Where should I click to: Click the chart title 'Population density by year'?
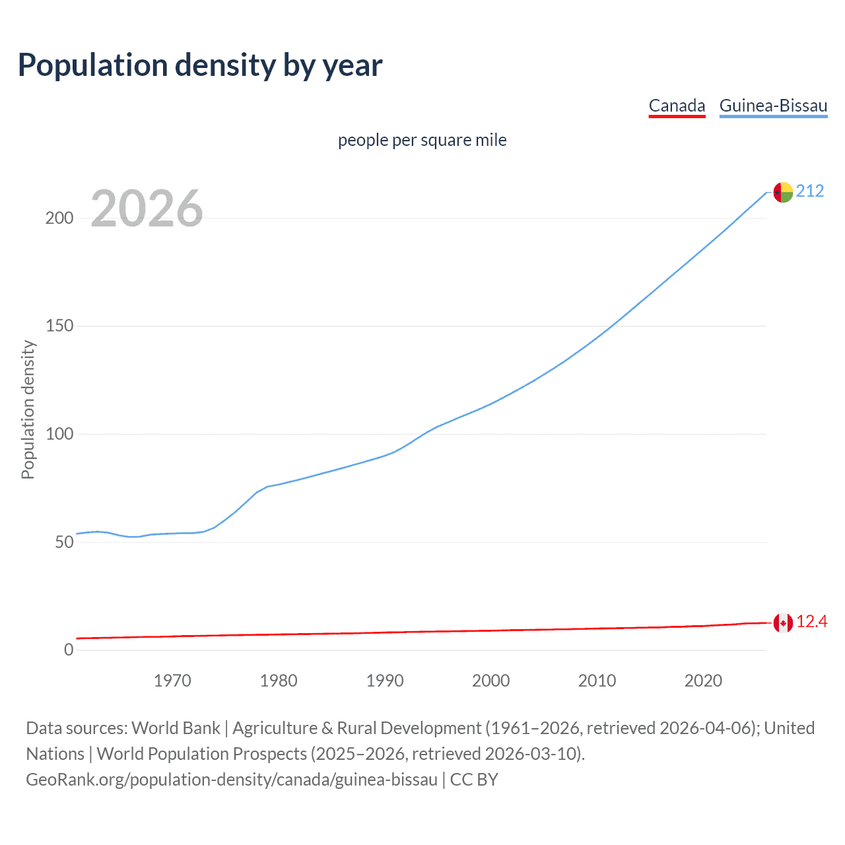[x=200, y=65]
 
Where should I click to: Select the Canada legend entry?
[x=677, y=106]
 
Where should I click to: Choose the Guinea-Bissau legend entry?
[x=773, y=106]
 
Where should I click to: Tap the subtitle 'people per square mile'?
[x=422, y=140]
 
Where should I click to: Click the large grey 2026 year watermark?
[x=147, y=209]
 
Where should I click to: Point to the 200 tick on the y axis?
[x=59, y=219]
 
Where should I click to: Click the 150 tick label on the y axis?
[x=59, y=326]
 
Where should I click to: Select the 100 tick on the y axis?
[x=59, y=434]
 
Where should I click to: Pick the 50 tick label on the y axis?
[x=64, y=542]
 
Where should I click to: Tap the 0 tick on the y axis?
[x=69, y=650]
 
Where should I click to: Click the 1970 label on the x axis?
[x=172, y=681]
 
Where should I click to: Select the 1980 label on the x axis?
[x=279, y=681]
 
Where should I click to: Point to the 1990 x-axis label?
[x=385, y=681]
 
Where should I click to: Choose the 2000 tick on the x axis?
[x=490, y=681]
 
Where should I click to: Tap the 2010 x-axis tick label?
[x=597, y=681]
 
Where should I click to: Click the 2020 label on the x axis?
[x=703, y=681]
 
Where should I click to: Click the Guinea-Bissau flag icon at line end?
[x=783, y=192]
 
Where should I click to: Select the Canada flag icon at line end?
[x=783, y=623]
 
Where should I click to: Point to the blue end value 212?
[x=810, y=191]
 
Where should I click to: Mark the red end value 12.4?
[x=812, y=622]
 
